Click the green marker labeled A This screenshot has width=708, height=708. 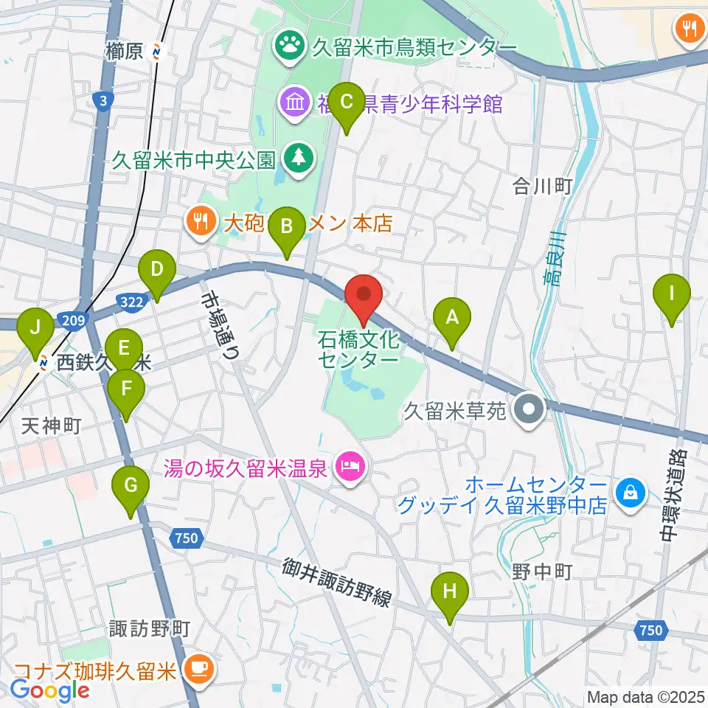(x=452, y=318)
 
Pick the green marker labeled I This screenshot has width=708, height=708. (x=671, y=294)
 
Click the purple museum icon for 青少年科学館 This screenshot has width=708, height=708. (x=294, y=103)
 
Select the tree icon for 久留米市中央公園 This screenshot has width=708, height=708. (x=299, y=158)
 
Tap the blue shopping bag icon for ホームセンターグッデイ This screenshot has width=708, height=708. (x=631, y=493)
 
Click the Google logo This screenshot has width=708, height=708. (x=50, y=690)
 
